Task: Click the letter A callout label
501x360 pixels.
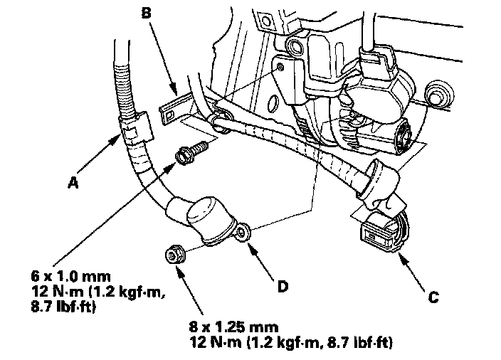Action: [x=72, y=182]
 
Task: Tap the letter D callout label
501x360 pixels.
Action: [x=283, y=287]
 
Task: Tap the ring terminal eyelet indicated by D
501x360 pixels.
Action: [x=244, y=231]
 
